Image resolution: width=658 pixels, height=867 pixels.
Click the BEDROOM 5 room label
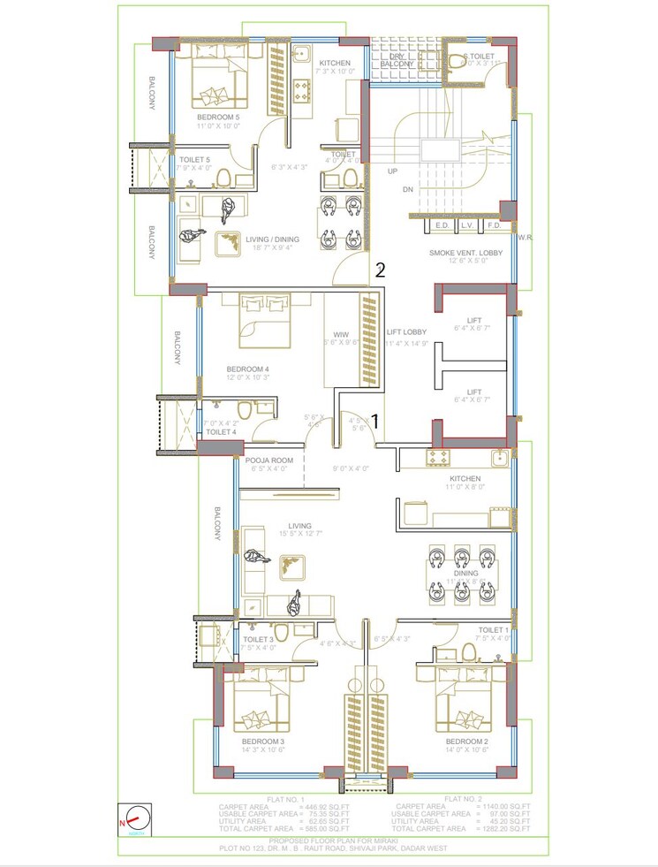click(218, 117)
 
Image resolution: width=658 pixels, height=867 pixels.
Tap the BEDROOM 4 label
click(247, 369)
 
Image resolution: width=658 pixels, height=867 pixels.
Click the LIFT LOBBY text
click(407, 332)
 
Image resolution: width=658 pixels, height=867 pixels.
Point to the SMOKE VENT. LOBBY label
click(466, 253)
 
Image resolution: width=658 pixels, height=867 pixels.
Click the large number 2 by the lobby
click(380, 270)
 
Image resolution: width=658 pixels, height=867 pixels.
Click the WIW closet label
click(338, 334)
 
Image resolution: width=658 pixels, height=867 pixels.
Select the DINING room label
click(465, 573)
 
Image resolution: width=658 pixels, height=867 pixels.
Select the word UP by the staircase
click(393, 171)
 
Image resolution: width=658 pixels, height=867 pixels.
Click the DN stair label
click(407, 189)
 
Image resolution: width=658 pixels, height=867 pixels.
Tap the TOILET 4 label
click(221, 431)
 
